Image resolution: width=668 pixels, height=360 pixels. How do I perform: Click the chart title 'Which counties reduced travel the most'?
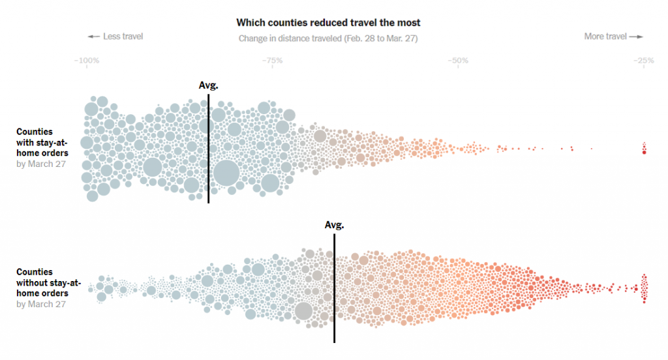tap(328, 22)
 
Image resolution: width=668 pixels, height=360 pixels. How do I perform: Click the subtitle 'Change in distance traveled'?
tap(328, 38)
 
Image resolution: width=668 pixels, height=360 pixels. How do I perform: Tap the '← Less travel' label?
tap(115, 37)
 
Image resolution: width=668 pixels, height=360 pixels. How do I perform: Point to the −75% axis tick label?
tap(271, 61)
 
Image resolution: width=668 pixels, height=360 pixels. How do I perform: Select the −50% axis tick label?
tap(457, 61)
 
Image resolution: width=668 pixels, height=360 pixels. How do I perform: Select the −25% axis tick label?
tap(643, 61)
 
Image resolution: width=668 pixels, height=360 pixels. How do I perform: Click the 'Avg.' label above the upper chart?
tap(208, 85)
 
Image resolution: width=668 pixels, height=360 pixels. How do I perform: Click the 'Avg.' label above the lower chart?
tap(334, 225)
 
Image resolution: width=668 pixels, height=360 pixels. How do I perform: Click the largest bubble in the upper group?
tap(226, 173)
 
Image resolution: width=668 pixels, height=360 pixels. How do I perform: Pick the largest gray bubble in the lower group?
tap(303, 311)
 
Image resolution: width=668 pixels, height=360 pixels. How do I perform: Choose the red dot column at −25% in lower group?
tap(644, 288)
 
